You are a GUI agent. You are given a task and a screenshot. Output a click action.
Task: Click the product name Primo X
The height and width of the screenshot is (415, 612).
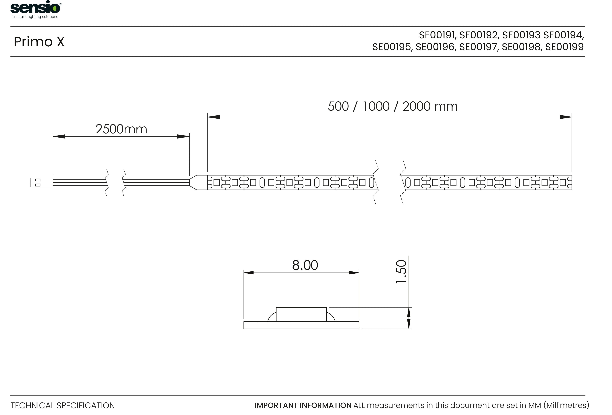click(39, 42)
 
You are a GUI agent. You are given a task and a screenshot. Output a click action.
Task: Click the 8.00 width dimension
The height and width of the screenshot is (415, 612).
click(305, 265)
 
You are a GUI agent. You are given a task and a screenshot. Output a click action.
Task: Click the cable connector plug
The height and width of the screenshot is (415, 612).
click(42, 182)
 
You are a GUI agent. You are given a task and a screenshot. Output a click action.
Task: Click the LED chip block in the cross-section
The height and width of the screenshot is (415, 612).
click(301, 314)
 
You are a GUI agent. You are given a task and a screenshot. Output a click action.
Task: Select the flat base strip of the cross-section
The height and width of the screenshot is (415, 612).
click(301, 325)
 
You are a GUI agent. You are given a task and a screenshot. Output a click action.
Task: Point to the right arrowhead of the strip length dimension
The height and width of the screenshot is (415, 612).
click(566, 117)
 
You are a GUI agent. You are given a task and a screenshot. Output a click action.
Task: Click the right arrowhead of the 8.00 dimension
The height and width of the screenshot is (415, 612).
click(354, 273)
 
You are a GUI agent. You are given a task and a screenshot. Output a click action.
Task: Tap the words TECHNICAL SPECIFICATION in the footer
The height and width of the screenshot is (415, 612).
click(63, 406)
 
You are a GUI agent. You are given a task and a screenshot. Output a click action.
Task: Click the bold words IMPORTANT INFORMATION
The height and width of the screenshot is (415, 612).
click(303, 405)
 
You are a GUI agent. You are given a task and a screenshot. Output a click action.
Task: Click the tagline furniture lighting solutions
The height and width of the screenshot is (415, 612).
click(34, 17)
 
